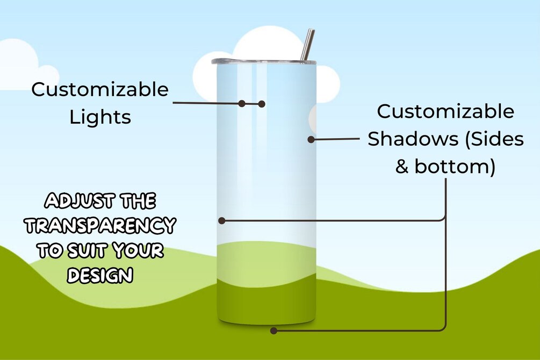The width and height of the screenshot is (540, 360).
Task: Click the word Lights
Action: (x=100, y=117)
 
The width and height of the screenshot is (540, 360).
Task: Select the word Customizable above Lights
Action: (x=100, y=90)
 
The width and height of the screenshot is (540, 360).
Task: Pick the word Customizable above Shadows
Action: (x=445, y=112)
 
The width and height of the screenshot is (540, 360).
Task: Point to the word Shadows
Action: (x=409, y=139)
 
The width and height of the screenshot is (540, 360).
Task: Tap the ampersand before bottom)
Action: (x=402, y=167)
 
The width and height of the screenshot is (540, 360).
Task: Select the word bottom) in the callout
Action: (x=455, y=167)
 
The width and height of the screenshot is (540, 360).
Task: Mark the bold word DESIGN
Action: (x=100, y=275)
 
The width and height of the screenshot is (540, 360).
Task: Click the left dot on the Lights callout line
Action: (x=242, y=103)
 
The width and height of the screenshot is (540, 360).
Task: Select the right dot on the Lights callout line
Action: (x=262, y=104)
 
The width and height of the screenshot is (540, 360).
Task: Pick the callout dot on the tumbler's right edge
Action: (x=311, y=139)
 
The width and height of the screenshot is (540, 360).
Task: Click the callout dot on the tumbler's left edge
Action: (x=221, y=220)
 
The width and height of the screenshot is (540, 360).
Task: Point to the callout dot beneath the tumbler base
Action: (x=273, y=330)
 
